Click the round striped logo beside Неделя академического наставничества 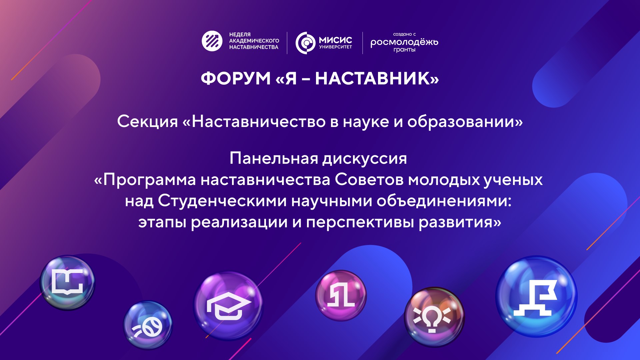point(212,41)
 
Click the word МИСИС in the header point(335,40)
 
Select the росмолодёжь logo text point(404,42)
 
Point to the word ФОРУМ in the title point(236,79)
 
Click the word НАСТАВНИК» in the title point(377,79)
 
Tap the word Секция point(148,121)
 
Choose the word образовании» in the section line point(465,121)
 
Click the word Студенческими point(222,201)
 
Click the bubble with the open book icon point(68,283)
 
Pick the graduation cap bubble point(228,306)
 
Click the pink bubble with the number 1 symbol point(341,295)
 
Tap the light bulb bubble point(434,317)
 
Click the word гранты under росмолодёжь point(404,50)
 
